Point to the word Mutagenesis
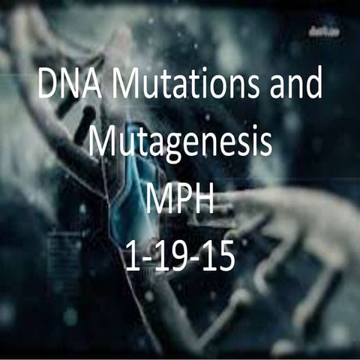click(x=180, y=142)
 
